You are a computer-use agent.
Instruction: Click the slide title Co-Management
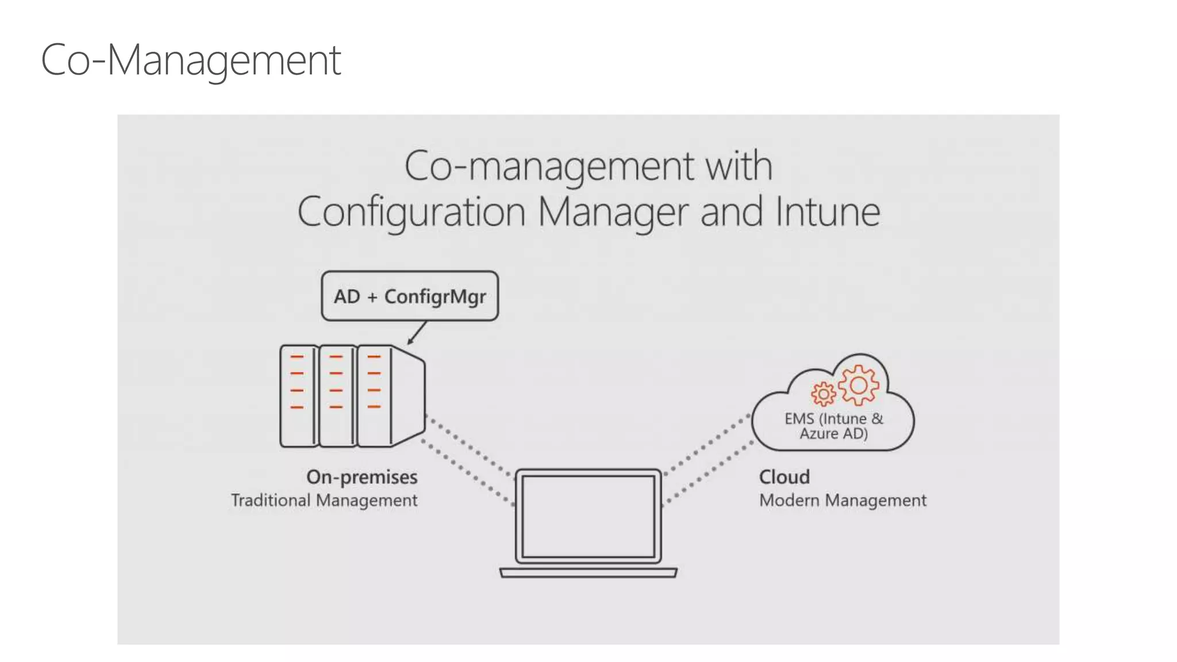tap(191, 60)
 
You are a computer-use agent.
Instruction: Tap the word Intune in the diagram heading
tap(828, 212)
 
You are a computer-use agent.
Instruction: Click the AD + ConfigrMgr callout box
tap(410, 296)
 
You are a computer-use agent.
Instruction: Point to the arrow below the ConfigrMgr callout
tap(417, 333)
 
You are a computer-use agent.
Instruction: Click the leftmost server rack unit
tap(298, 396)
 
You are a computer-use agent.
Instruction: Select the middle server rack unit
tap(337, 396)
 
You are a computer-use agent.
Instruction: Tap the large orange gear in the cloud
tap(859, 385)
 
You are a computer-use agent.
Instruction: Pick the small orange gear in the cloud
tap(823, 394)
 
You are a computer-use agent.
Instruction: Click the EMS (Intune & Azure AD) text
tap(833, 426)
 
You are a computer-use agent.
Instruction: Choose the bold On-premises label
tap(362, 477)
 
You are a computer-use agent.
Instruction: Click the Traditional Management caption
tap(324, 501)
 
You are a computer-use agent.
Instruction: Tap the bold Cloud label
tap(784, 477)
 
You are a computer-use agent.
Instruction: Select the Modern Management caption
tap(843, 501)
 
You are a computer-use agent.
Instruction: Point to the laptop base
tap(588, 572)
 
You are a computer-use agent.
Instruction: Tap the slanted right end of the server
tap(409, 396)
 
